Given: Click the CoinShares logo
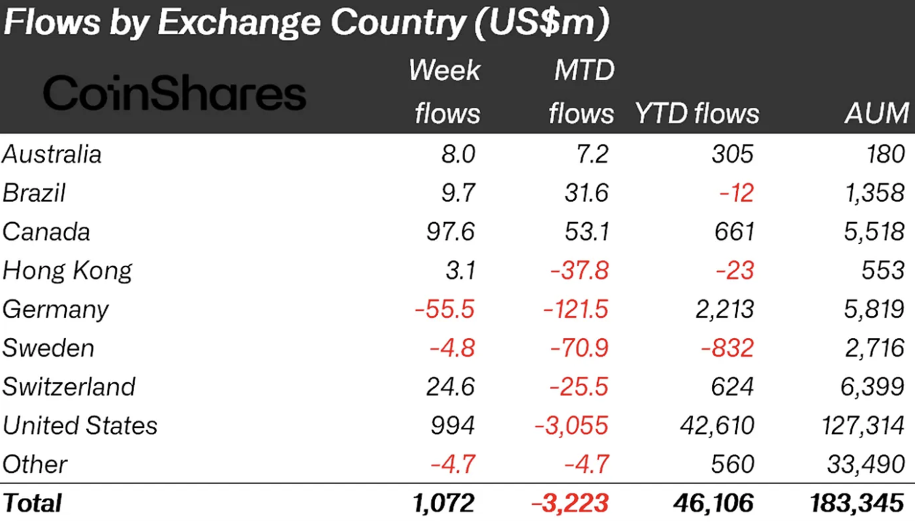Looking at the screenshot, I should coord(174,93).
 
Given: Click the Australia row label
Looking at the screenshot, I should coord(52,154).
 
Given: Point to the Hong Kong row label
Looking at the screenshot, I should coord(67,271).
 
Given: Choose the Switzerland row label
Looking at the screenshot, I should coord(69,387).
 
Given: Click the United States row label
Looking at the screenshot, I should coord(80,426).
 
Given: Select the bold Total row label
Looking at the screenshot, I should coord(32,503).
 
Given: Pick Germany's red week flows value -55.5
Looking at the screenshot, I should coord(445,309).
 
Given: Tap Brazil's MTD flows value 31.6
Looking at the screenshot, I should coord(582,193).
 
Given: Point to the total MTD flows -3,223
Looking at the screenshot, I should coord(571,503).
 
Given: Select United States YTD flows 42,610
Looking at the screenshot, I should coord(717,426).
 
